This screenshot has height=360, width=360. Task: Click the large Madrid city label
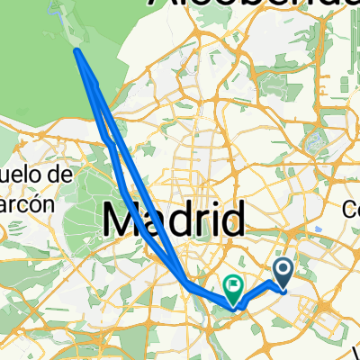point(175,220)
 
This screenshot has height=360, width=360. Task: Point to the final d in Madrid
point(233,220)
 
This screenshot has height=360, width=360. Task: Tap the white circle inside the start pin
point(283,267)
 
